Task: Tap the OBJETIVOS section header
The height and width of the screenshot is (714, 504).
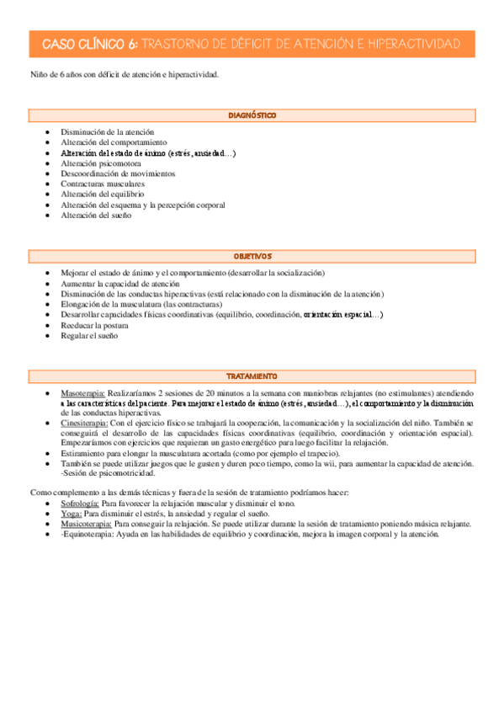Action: (252, 256)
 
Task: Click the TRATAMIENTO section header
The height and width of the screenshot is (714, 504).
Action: (252, 376)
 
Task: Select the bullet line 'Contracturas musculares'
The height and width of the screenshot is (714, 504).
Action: (103, 184)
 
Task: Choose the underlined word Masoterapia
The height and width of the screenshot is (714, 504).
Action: (83, 393)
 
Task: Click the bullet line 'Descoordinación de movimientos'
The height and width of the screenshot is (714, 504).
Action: (118, 173)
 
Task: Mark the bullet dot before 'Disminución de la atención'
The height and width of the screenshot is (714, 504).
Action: (50, 133)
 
